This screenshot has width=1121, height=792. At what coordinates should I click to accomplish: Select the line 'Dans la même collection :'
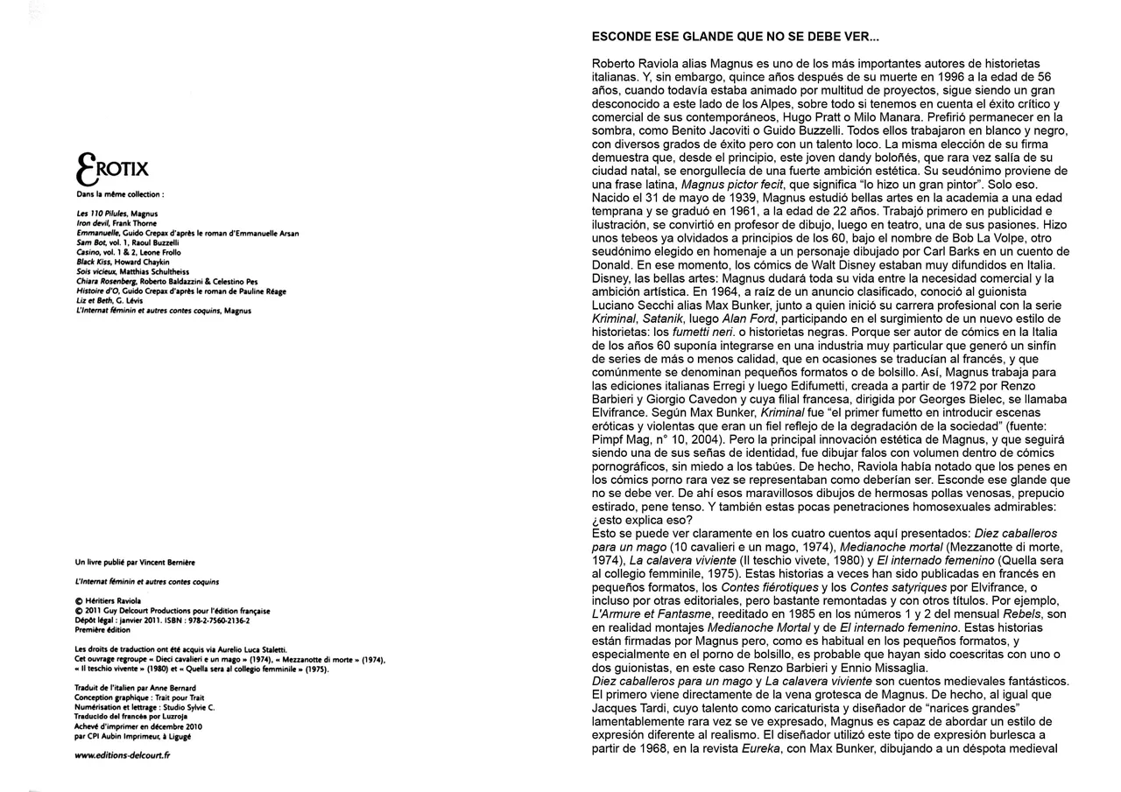(x=120, y=193)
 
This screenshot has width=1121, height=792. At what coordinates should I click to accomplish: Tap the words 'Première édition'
(x=102, y=630)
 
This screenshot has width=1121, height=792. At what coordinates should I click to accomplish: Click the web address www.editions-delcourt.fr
(x=123, y=755)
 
